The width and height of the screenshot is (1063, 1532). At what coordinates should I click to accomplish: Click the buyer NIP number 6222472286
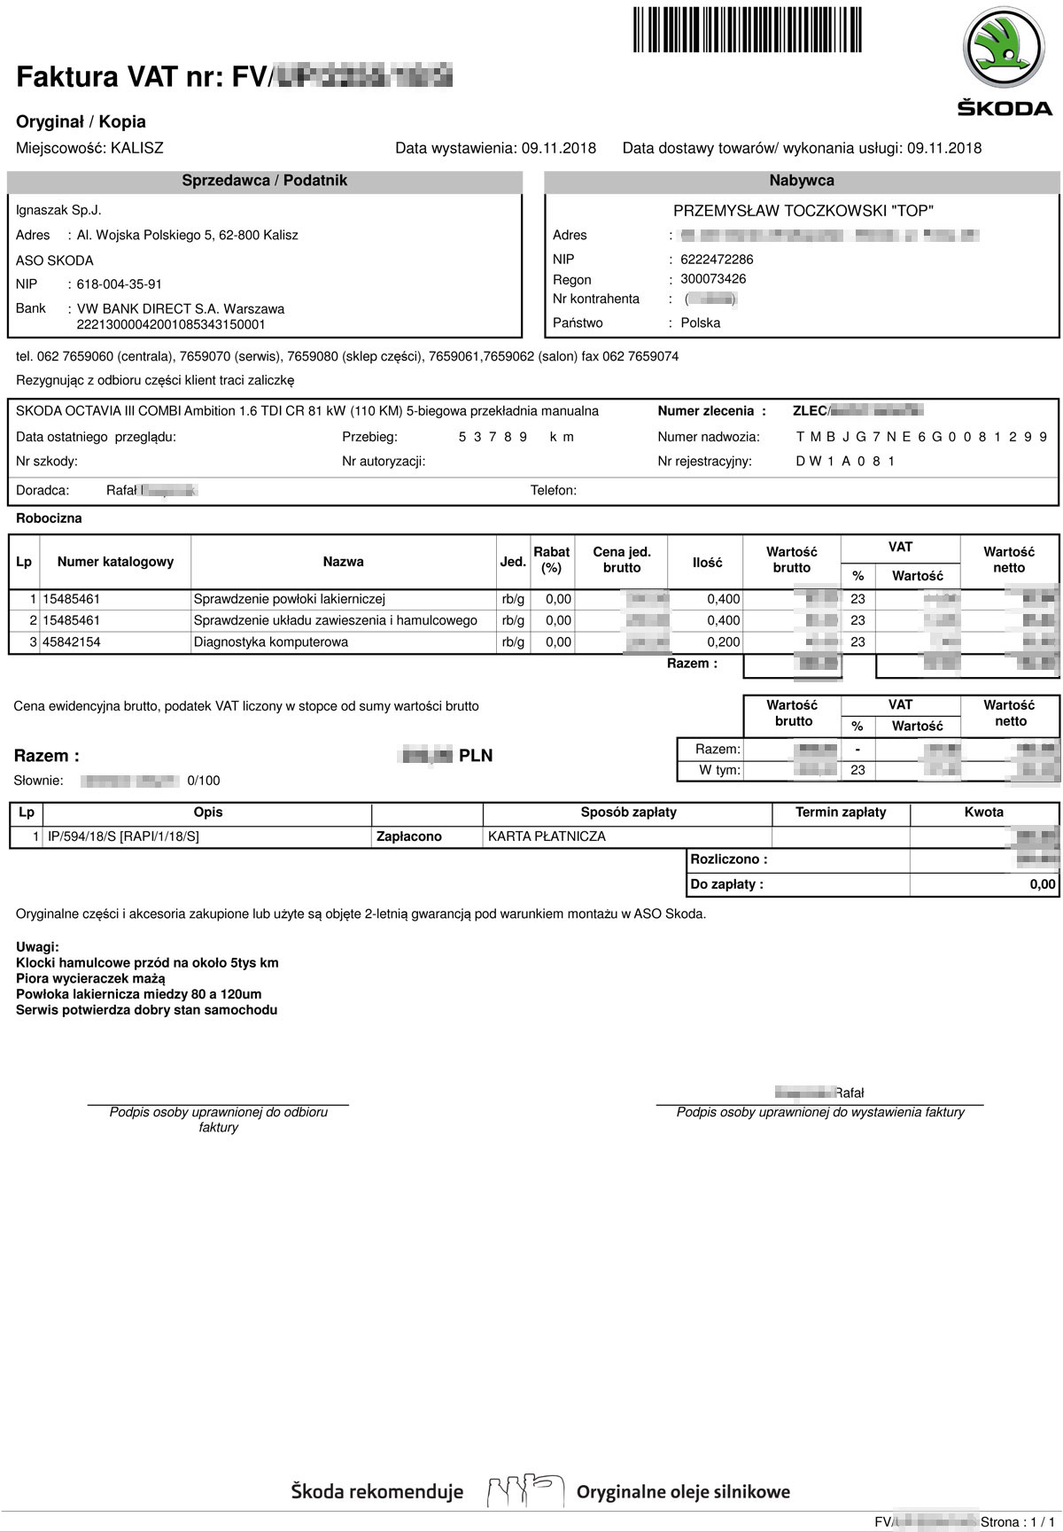717,260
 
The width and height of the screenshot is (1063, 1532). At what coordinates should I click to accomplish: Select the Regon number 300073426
713,279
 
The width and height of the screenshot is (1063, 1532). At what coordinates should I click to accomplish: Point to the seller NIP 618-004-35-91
120,284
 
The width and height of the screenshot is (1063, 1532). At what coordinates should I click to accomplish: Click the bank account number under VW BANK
171,324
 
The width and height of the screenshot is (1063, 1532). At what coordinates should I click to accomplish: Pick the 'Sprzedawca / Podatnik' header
264,181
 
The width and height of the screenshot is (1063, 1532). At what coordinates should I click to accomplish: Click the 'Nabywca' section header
802,181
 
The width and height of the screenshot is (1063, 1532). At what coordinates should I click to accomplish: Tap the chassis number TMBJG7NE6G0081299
921,437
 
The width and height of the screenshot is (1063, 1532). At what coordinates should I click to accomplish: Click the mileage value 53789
493,437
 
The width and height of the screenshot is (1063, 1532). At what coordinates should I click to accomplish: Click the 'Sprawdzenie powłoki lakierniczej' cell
289,599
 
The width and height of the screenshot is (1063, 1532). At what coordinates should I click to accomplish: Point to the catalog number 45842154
72,642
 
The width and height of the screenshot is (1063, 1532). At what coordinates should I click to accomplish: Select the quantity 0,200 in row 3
723,642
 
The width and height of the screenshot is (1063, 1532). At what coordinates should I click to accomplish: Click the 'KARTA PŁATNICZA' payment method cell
547,836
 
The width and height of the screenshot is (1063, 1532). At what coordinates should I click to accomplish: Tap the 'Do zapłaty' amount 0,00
1042,884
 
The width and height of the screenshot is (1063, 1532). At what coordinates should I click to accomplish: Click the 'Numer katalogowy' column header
115,562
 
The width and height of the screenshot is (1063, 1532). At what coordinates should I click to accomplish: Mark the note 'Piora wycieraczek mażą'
90,978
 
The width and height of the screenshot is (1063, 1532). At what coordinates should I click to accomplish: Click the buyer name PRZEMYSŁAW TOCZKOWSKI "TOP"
803,211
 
